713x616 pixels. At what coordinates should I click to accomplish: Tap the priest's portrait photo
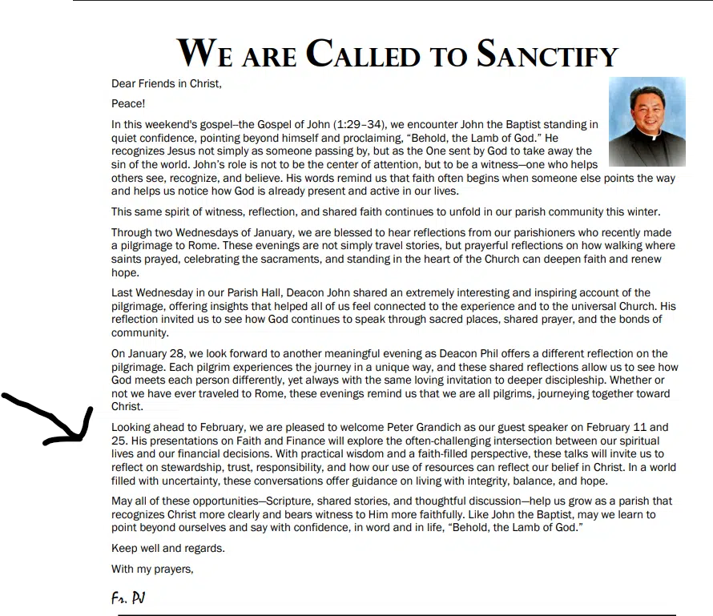tap(647, 121)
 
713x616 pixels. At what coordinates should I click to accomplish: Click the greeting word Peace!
tap(128, 103)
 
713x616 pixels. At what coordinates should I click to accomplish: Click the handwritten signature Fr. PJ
tap(127, 598)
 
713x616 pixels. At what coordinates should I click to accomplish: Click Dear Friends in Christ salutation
tap(166, 83)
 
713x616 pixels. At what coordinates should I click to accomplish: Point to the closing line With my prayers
tap(152, 570)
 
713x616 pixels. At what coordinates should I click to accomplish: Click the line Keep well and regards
tap(168, 549)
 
